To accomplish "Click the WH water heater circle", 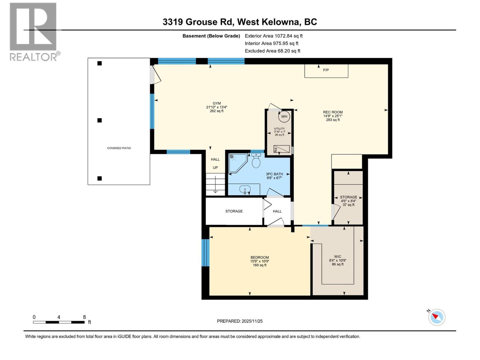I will (x=284, y=116).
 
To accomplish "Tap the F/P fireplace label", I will (x=326, y=70).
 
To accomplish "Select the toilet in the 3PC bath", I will (x=256, y=161).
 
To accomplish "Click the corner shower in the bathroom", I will (x=237, y=162).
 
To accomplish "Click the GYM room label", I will (x=217, y=103).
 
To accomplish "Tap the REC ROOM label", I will (x=333, y=112).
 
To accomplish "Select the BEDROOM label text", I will (x=259, y=257).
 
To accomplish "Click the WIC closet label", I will (x=337, y=256).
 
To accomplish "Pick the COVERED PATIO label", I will (x=119, y=148).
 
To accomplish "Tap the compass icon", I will (x=436, y=317).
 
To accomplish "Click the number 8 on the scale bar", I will (x=84, y=317).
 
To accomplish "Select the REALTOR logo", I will (x=34, y=31).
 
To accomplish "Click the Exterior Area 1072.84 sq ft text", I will (x=274, y=36).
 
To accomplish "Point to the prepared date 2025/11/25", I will (x=240, y=321).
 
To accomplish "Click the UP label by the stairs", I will (x=215, y=168).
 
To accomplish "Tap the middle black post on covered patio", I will (x=100, y=120).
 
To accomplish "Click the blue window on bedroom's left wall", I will (x=205, y=253).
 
